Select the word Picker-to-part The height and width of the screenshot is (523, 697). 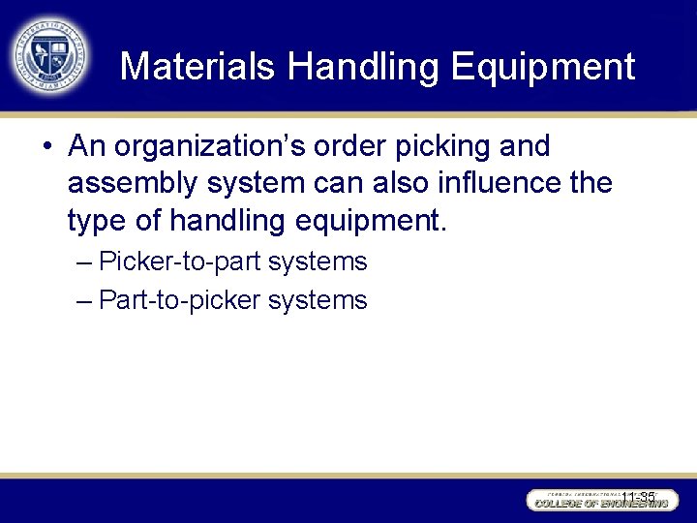tap(180, 261)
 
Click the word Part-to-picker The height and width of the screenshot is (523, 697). tap(180, 300)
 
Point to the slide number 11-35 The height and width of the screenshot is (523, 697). tap(639, 497)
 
